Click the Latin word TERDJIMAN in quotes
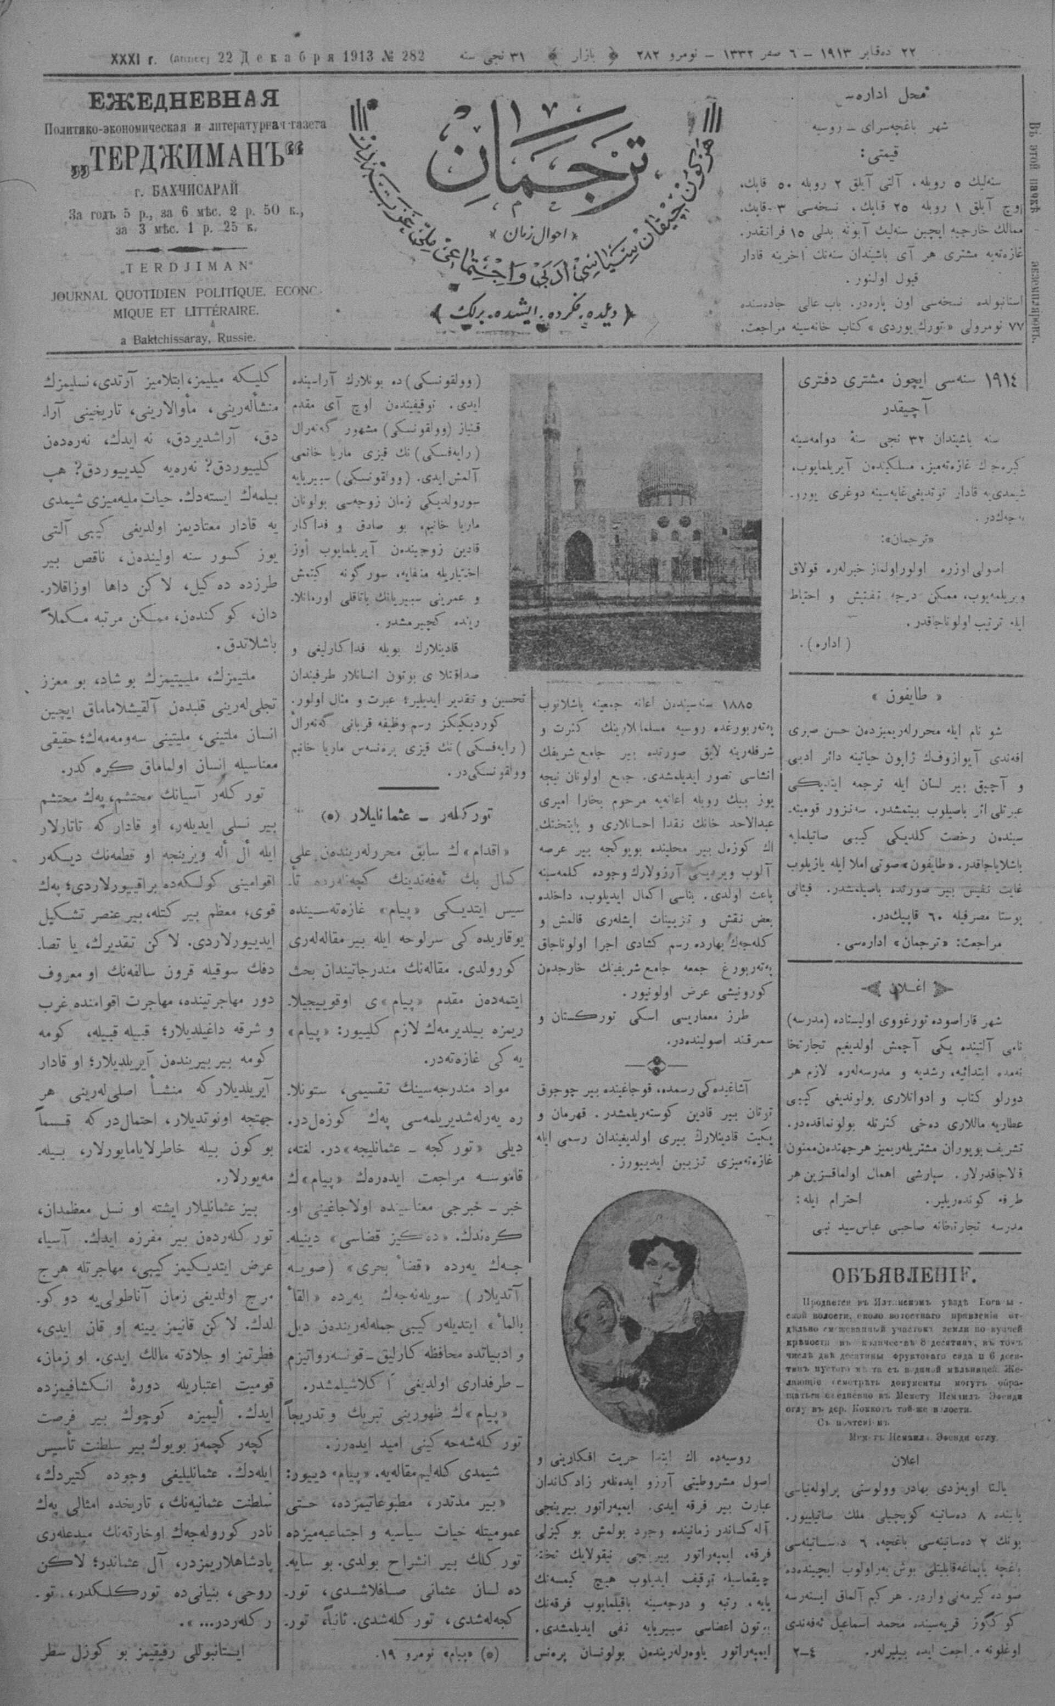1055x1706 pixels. coord(183,268)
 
